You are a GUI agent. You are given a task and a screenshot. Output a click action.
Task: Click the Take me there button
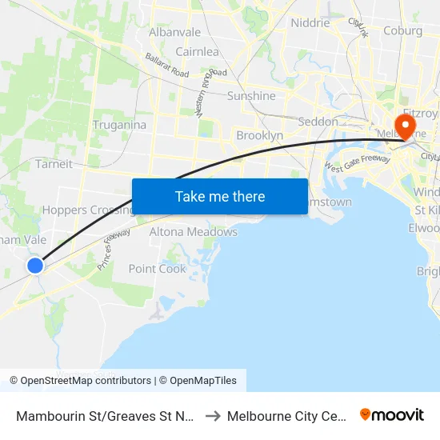coord(220,197)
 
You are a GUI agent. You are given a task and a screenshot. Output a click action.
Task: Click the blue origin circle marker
coord(35,266)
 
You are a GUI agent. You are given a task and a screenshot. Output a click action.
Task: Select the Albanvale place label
coord(175,32)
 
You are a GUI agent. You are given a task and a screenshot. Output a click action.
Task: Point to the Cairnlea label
coord(198,52)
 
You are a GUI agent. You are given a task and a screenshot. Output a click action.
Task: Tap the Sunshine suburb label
coord(251,96)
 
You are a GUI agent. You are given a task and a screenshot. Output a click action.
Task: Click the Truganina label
coord(118,125)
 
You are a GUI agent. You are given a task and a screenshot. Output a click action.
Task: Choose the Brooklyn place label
coord(259,136)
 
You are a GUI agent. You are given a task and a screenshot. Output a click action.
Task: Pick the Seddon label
coord(318,122)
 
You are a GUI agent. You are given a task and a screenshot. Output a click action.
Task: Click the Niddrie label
coord(310,23)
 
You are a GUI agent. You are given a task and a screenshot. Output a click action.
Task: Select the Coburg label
coord(402,31)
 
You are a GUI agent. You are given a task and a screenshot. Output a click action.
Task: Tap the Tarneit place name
coord(54,164)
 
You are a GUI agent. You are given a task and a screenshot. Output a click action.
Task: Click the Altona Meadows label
coord(194,232)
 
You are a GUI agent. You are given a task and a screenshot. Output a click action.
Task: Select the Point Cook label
coord(158,269)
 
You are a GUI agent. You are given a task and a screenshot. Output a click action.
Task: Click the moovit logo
coord(392,414)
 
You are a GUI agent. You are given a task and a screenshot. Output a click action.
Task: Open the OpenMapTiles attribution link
coord(198,381)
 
